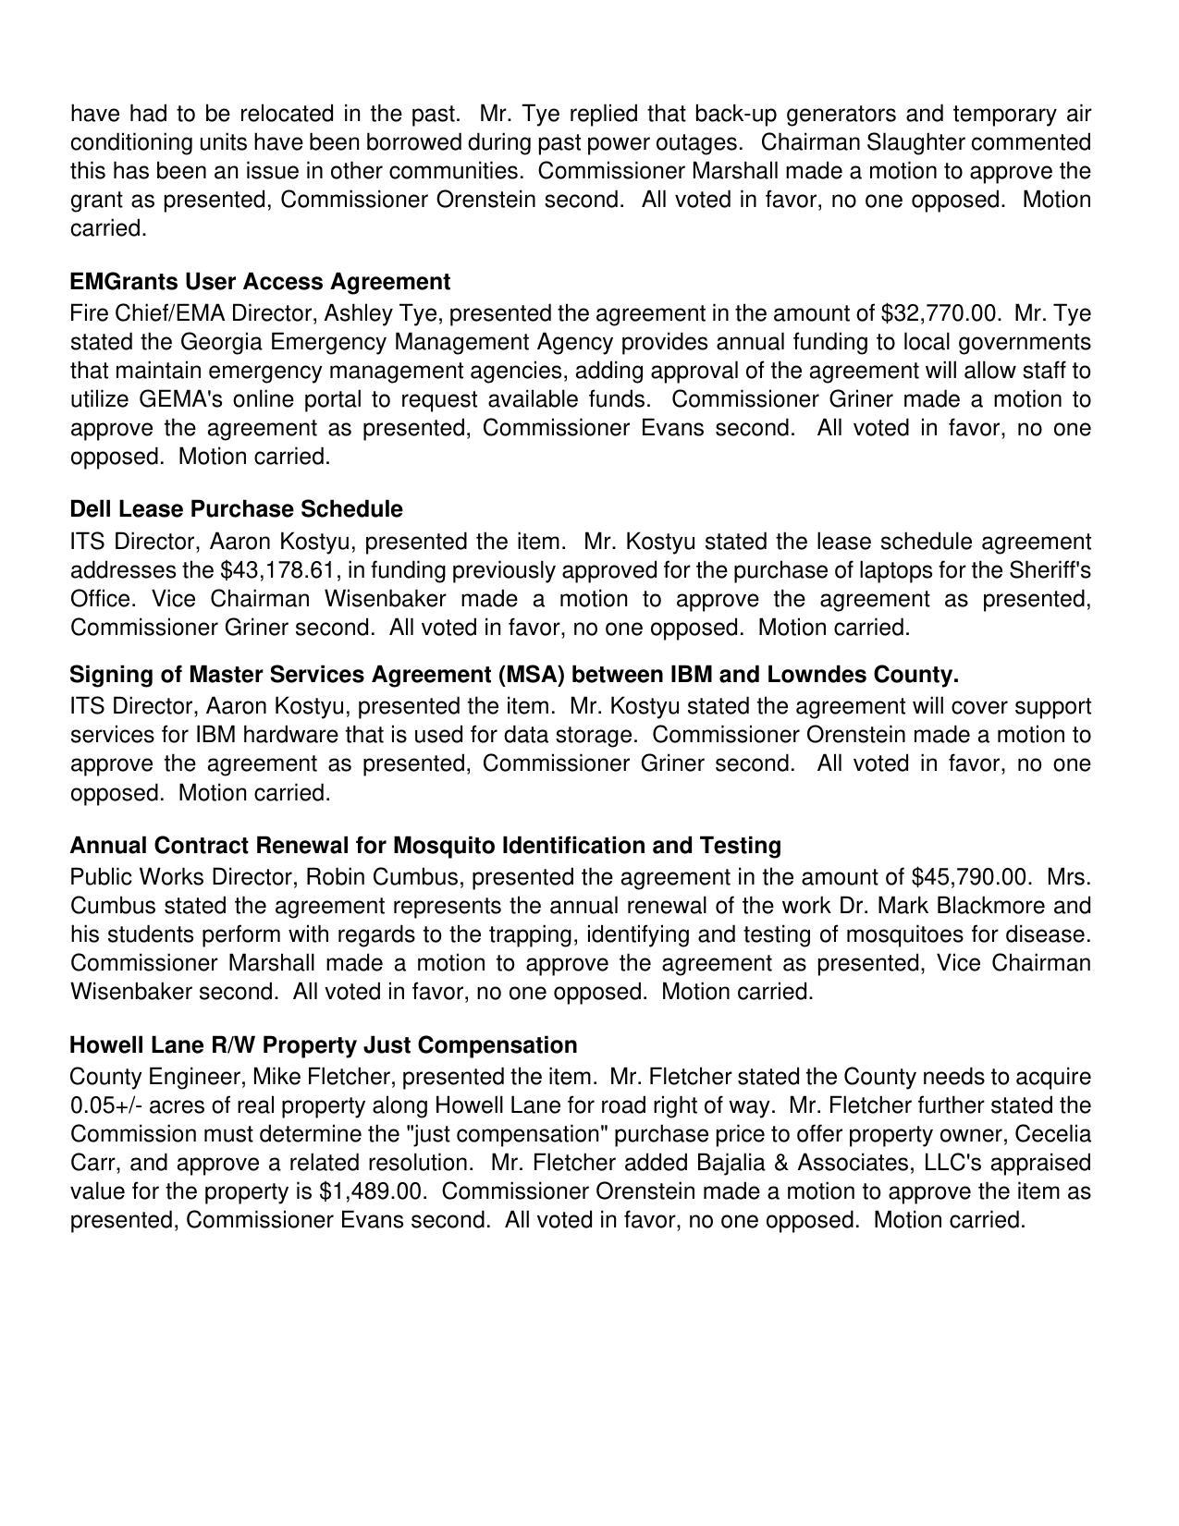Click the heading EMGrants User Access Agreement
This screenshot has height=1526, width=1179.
click(260, 282)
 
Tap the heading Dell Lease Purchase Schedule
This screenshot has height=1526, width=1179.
click(236, 509)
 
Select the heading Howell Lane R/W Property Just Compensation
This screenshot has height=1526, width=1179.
click(323, 1045)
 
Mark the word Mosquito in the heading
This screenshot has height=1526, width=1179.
click(444, 846)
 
